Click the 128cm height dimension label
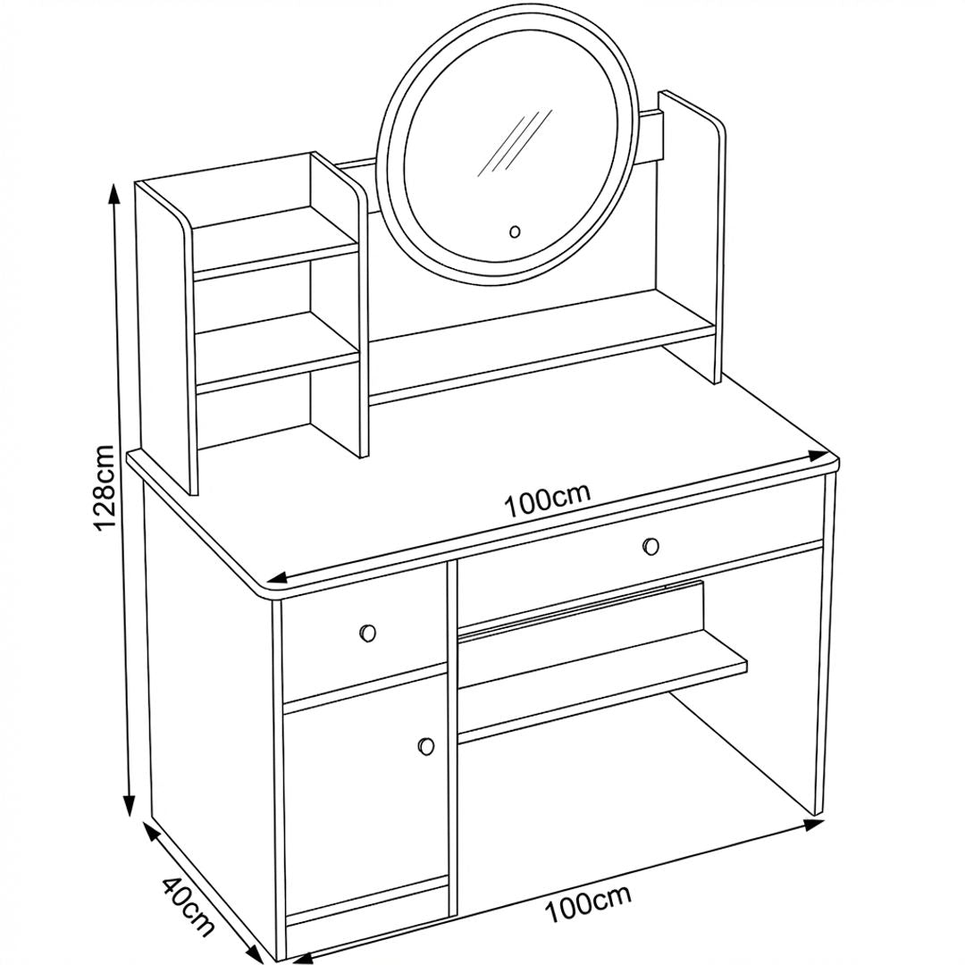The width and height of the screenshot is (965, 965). click(104, 486)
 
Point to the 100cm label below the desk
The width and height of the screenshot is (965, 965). click(588, 903)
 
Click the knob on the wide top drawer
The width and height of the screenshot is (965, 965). click(650, 546)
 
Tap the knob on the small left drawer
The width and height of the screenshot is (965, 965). click(367, 633)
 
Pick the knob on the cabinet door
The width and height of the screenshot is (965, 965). click(425, 745)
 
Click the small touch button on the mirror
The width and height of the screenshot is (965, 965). click(516, 232)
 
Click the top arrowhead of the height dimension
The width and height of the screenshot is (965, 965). click(113, 193)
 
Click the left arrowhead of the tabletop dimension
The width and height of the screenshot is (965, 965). click(278, 578)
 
